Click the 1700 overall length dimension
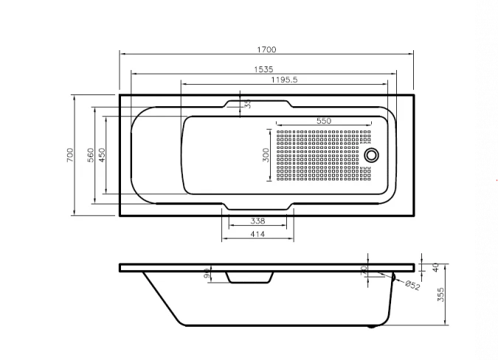pyautogui.click(x=266, y=49)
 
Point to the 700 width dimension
pyautogui.click(x=69, y=155)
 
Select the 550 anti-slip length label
pyautogui.click(x=323, y=120)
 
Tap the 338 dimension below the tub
pyautogui.click(x=257, y=221)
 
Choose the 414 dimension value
pyautogui.click(x=257, y=234)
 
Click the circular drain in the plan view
pyautogui.click(x=373, y=155)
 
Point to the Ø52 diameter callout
pyautogui.click(x=412, y=285)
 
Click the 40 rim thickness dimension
pyautogui.click(x=435, y=266)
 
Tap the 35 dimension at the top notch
pyautogui.click(x=248, y=105)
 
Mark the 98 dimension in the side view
pyautogui.click(x=208, y=275)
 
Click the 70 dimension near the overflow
pyautogui.click(x=364, y=271)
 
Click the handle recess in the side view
pyautogui.click(x=249, y=277)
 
